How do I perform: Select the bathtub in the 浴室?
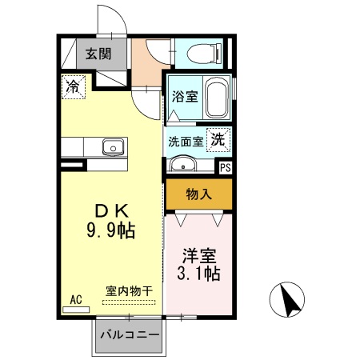tap(216, 99)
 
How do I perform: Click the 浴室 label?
tap(184, 98)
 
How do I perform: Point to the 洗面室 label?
tap(186, 141)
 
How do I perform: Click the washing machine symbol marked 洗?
tap(218, 138)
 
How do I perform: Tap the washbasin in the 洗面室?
tap(185, 166)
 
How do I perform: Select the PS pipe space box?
tap(226, 168)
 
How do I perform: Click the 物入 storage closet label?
tap(198, 194)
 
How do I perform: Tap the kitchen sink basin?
tap(112, 147)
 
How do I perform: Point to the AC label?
tap(76, 299)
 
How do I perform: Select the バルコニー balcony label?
tap(130, 336)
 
